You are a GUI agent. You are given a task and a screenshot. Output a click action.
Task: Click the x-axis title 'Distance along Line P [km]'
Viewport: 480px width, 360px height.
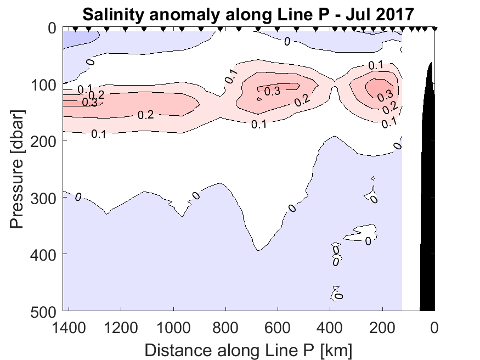tap(248, 349)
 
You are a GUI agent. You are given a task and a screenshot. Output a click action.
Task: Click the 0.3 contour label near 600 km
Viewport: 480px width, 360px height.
tap(272, 92)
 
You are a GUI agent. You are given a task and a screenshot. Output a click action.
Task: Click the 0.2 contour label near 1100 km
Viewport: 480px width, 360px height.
tap(145, 115)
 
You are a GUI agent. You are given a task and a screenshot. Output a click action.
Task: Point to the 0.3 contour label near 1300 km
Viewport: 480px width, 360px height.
tap(90, 102)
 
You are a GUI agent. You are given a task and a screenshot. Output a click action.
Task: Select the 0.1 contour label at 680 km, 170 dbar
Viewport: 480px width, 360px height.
tap(259, 125)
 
